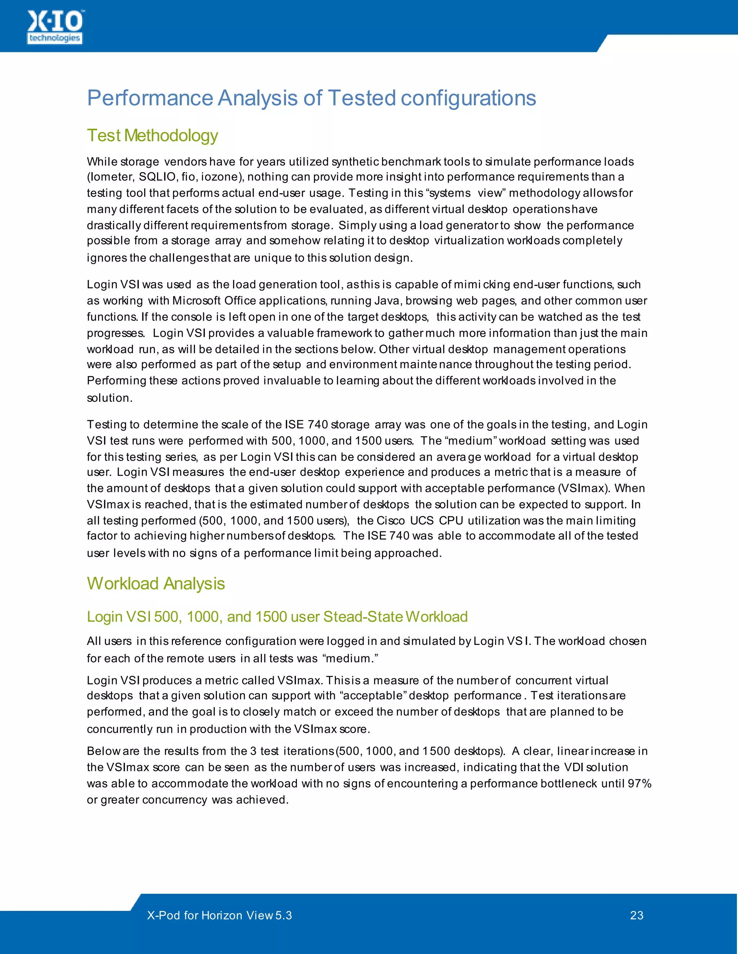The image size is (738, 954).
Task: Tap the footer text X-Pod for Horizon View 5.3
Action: [x=219, y=915]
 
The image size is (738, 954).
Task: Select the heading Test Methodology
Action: [x=152, y=135]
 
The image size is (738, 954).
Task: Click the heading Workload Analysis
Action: [x=156, y=584]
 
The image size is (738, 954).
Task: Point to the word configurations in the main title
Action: [x=468, y=98]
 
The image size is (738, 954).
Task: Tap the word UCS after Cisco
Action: [x=422, y=521]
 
